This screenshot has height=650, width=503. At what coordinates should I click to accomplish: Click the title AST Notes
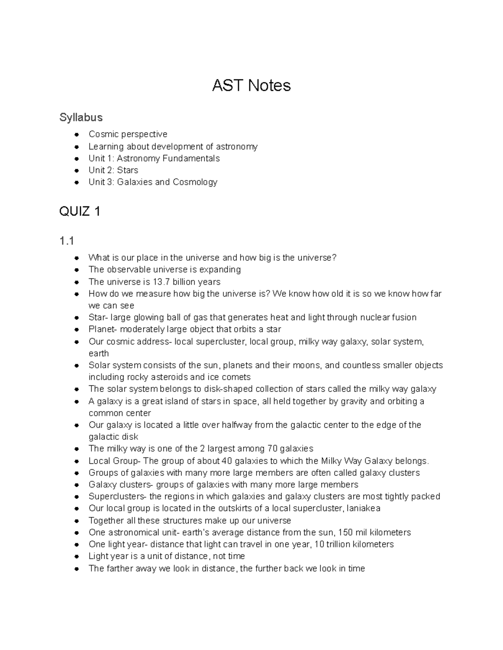pos(251,85)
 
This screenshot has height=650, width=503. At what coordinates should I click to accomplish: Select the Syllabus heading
pos(81,117)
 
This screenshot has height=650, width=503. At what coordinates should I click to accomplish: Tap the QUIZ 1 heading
pos(80,211)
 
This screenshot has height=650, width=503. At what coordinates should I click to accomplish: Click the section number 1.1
pos(67,241)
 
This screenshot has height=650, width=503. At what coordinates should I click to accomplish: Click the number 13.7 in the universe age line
pos(161,282)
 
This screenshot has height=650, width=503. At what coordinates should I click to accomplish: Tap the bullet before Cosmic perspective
pos(76,135)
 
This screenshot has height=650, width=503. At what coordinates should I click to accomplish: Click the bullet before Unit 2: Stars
pos(76,170)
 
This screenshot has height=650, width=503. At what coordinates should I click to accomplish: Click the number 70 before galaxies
pos(272,449)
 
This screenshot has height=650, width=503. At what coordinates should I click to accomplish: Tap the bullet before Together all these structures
pos(76,521)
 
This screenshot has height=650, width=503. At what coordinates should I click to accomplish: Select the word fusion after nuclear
pos(404,317)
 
